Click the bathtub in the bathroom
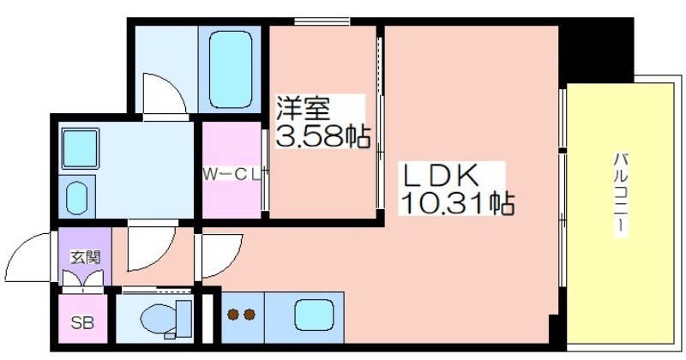[231, 69]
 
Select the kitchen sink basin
[314, 315]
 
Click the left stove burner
[233, 314]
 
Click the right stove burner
[250, 314]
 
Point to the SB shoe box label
[82, 323]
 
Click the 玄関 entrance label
[86, 257]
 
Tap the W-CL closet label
[232, 174]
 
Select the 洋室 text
[303, 108]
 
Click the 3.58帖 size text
[323, 136]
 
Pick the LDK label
[439, 177]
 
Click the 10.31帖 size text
[457, 203]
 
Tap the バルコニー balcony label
[620, 195]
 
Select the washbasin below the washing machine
[77, 198]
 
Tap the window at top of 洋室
[322, 21]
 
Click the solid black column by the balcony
[596, 50]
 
